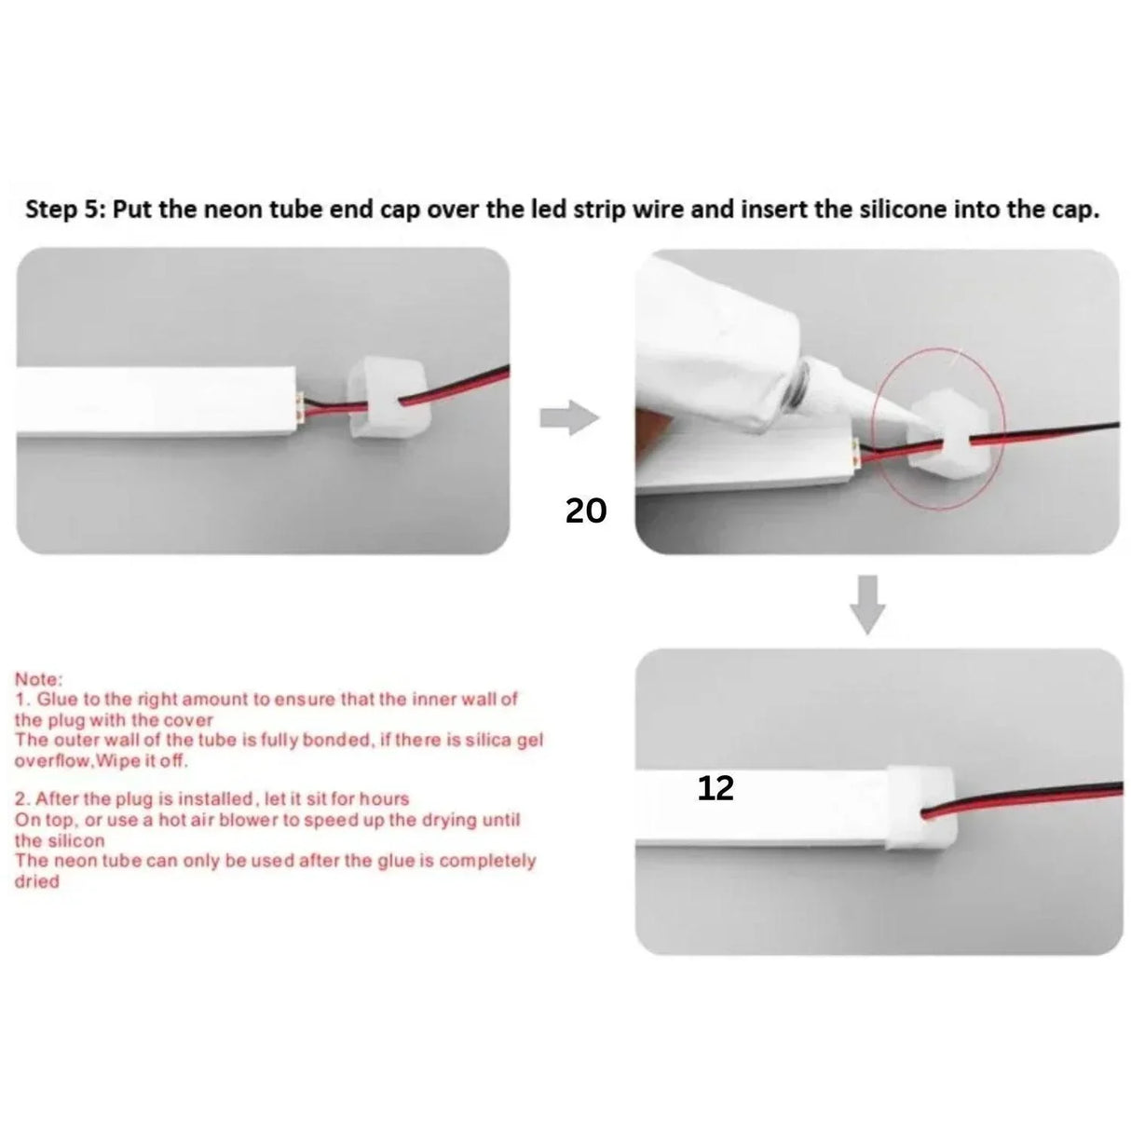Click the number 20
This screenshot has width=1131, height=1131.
click(586, 511)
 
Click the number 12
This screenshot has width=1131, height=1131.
click(715, 789)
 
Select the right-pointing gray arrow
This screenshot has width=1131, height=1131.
click(568, 417)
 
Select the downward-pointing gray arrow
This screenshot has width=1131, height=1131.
click(868, 604)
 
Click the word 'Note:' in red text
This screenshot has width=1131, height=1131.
click(38, 679)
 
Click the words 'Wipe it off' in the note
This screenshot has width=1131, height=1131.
click(149, 760)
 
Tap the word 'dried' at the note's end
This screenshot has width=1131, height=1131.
click(36, 880)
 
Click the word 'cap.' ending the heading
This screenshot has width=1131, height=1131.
click(1077, 209)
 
